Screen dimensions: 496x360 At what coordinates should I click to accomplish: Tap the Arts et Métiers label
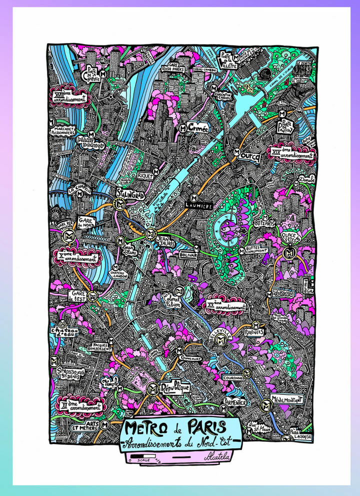point(83,425)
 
